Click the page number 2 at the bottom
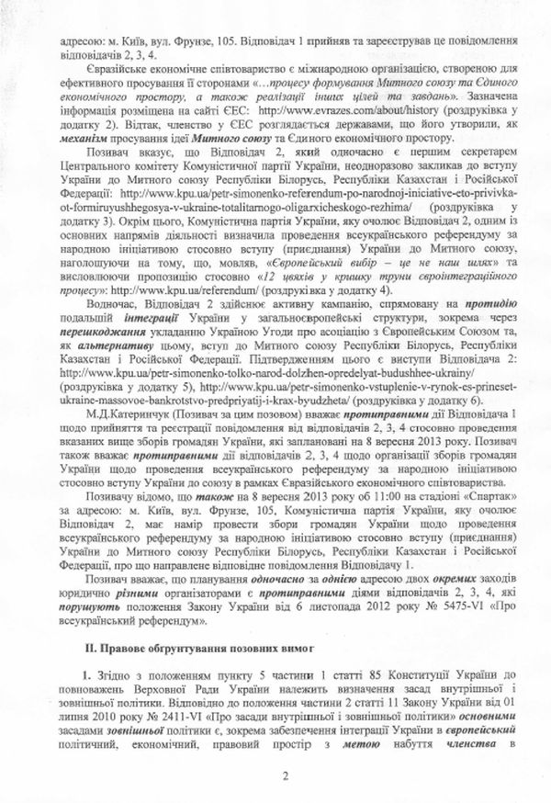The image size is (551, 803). [x=286, y=776]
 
